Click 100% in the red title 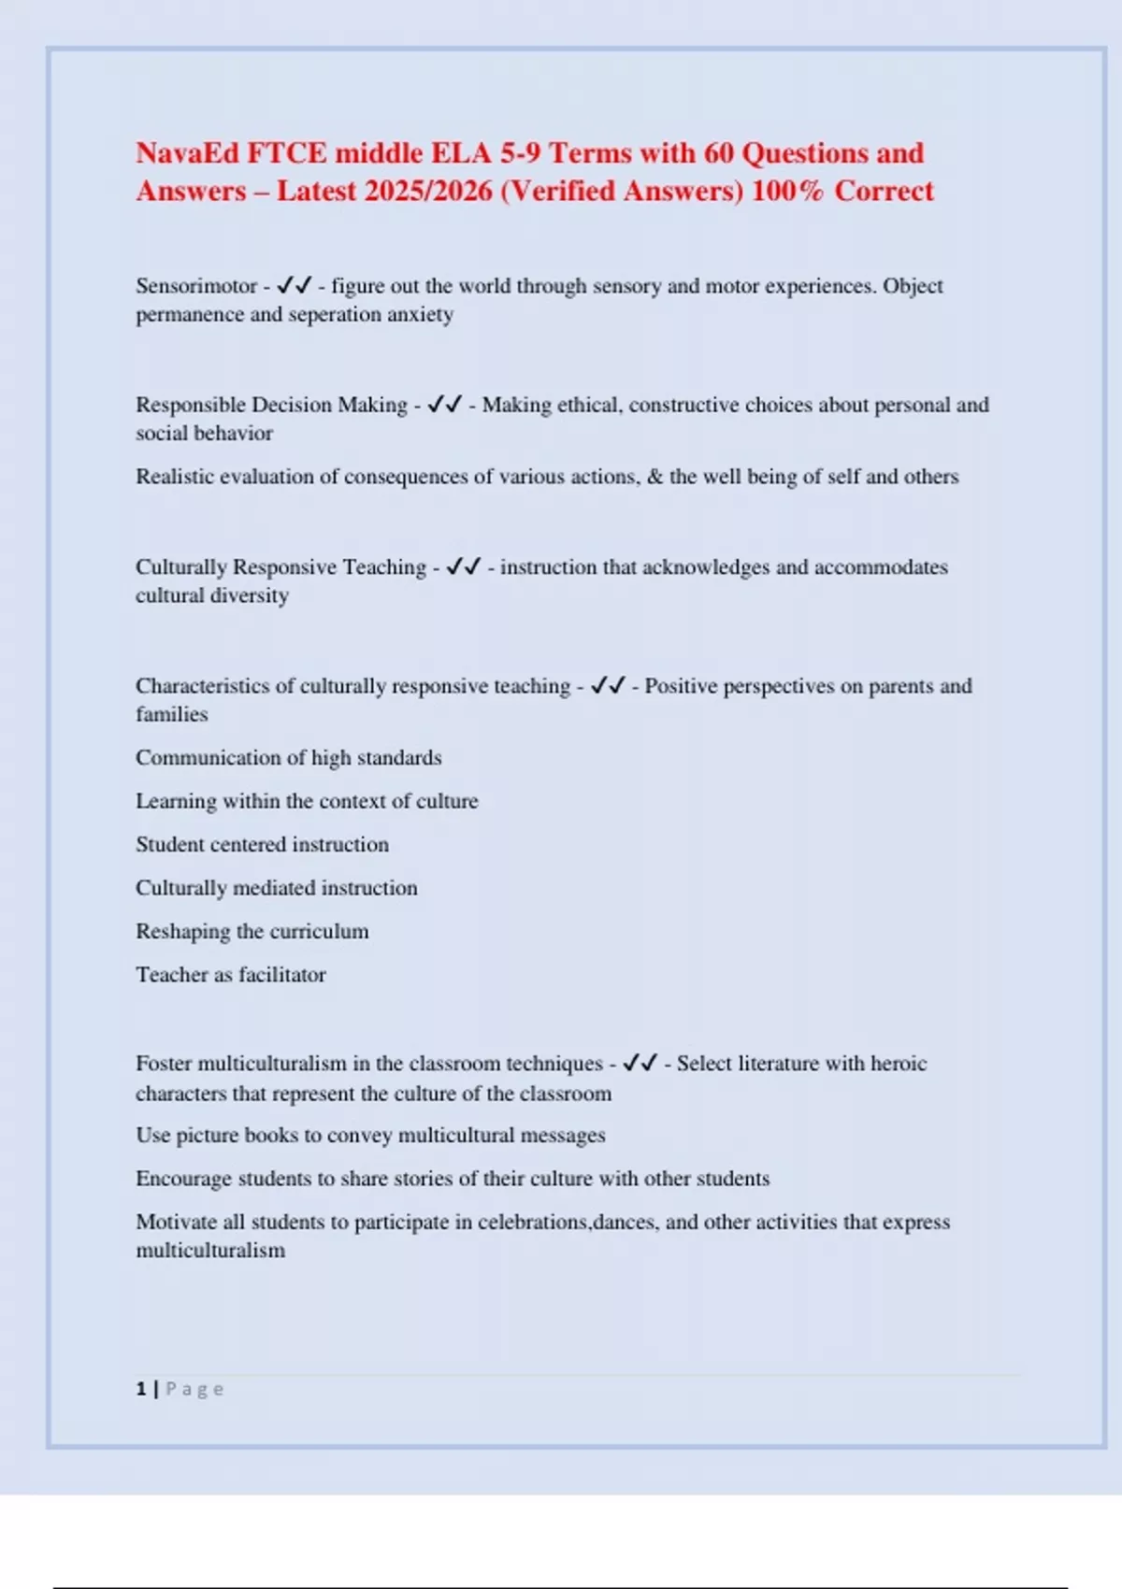pos(787,191)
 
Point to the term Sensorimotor pos(196,286)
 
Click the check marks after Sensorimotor pos(295,285)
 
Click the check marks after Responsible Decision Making pos(444,405)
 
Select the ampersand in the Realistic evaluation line pos(654,477)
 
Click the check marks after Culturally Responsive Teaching pos(464,566)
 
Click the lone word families pos(172,715)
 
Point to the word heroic pos(899,1064)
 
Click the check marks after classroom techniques pos(640,1063)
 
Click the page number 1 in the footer pos(141,1389)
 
